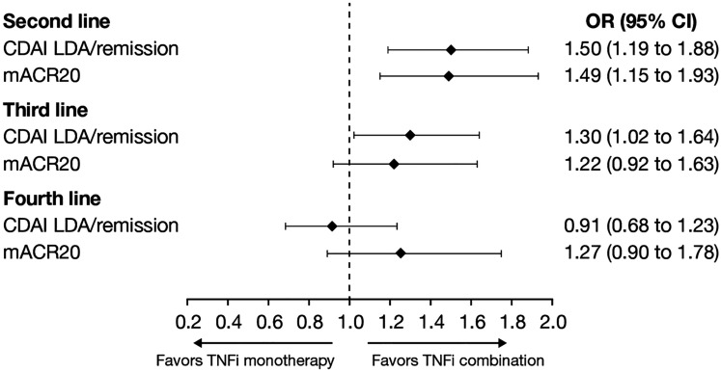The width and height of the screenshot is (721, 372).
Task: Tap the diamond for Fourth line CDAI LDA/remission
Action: pyautogui.click(x=332, y=226)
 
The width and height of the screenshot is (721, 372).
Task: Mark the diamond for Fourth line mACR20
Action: pyautogui.click(x=401, y=253)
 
